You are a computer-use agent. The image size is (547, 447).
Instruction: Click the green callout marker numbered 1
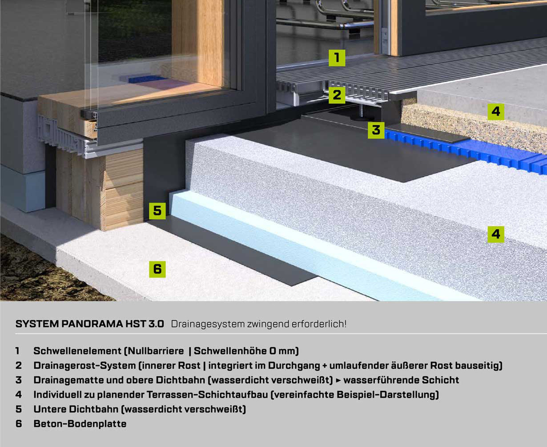(337, 58)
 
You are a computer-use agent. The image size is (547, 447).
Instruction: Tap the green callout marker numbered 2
(337, 95)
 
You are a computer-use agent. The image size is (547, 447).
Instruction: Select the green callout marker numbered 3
(376, 130)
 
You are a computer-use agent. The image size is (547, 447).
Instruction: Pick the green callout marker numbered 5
(157, 211)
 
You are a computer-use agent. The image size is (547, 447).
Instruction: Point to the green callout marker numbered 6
(157, 269)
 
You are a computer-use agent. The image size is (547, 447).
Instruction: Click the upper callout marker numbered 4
(496, 112)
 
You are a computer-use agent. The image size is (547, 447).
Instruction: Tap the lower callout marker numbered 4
(496, 234)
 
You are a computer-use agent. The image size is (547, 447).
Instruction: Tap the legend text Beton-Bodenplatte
(80, 424)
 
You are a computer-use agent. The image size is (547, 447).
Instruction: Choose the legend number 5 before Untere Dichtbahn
(18, 409)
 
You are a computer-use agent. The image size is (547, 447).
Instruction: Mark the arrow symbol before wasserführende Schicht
(338, 380)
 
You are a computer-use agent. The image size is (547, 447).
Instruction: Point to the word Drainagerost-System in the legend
(84, 366)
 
